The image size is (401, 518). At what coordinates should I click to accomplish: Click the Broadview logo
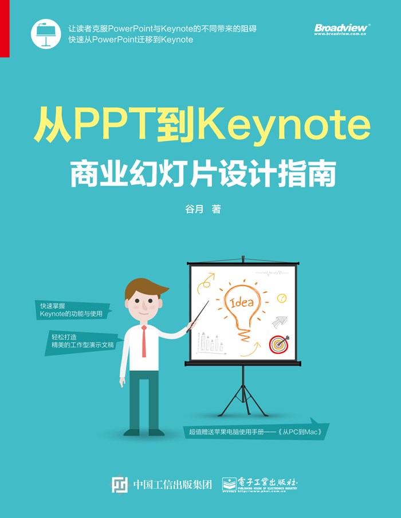[342, 29]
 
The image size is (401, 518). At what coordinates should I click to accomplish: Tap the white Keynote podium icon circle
[46, 34]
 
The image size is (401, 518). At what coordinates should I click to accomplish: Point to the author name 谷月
[194, 209]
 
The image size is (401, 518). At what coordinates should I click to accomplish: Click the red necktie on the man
[144, 341]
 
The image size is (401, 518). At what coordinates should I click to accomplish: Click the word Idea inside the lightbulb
[242, 302]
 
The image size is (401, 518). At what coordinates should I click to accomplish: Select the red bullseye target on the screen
[279, 344]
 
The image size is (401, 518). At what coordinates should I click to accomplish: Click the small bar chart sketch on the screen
[211, 343]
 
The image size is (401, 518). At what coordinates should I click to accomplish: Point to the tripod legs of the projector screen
[243, 397]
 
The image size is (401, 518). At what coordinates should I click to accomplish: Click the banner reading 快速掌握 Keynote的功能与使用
[73, 310]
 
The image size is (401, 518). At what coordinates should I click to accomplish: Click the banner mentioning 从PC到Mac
[256, 429]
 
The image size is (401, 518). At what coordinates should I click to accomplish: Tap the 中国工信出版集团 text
[172, 485]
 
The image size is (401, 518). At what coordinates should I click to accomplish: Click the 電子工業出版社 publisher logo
[260, 484]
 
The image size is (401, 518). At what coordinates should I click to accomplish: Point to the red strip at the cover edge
[5, 29]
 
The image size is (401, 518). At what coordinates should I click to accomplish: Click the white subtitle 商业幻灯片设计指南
[203, 174]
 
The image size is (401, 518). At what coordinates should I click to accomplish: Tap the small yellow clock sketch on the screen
[282, 298]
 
